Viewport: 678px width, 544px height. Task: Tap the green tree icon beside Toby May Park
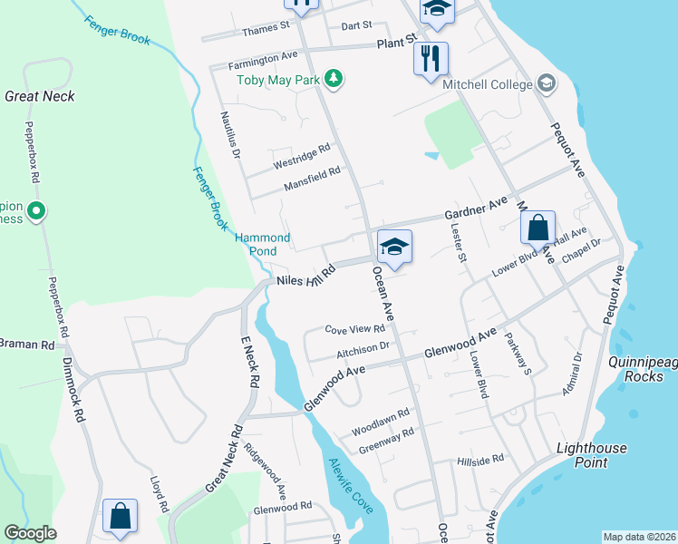[x=334, y=79]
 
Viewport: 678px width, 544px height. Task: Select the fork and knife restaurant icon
[x=431, y=59]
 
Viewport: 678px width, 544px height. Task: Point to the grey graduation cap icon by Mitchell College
[x=546, y=84]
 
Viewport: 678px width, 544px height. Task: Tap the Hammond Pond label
[x=263, y=244]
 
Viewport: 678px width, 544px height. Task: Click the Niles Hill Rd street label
[x=306, y=275]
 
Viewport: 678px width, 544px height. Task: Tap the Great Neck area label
[x=39, y=95]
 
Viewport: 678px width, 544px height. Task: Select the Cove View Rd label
[x=354, y=329]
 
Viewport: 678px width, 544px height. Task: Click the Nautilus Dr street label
[x=228, y=137]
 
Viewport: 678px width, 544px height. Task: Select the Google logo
[x=30, y=533]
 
